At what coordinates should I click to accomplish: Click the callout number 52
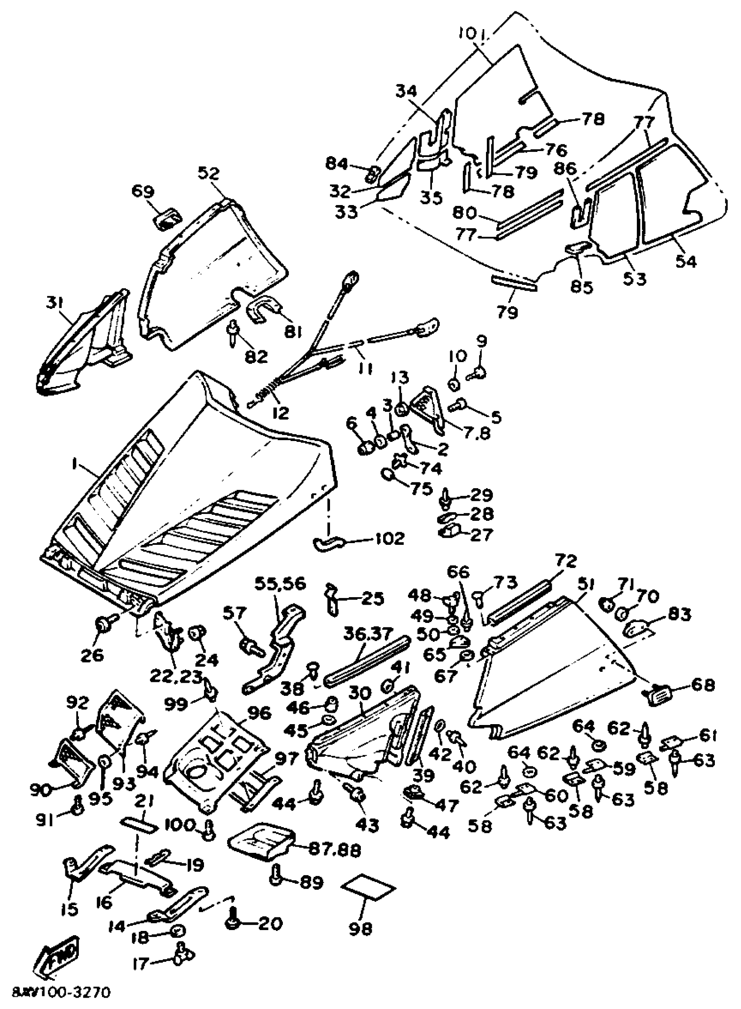pyautogui.click(x=210, y=173)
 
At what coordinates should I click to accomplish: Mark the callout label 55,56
pyautogui.click(x=280, y=584)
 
